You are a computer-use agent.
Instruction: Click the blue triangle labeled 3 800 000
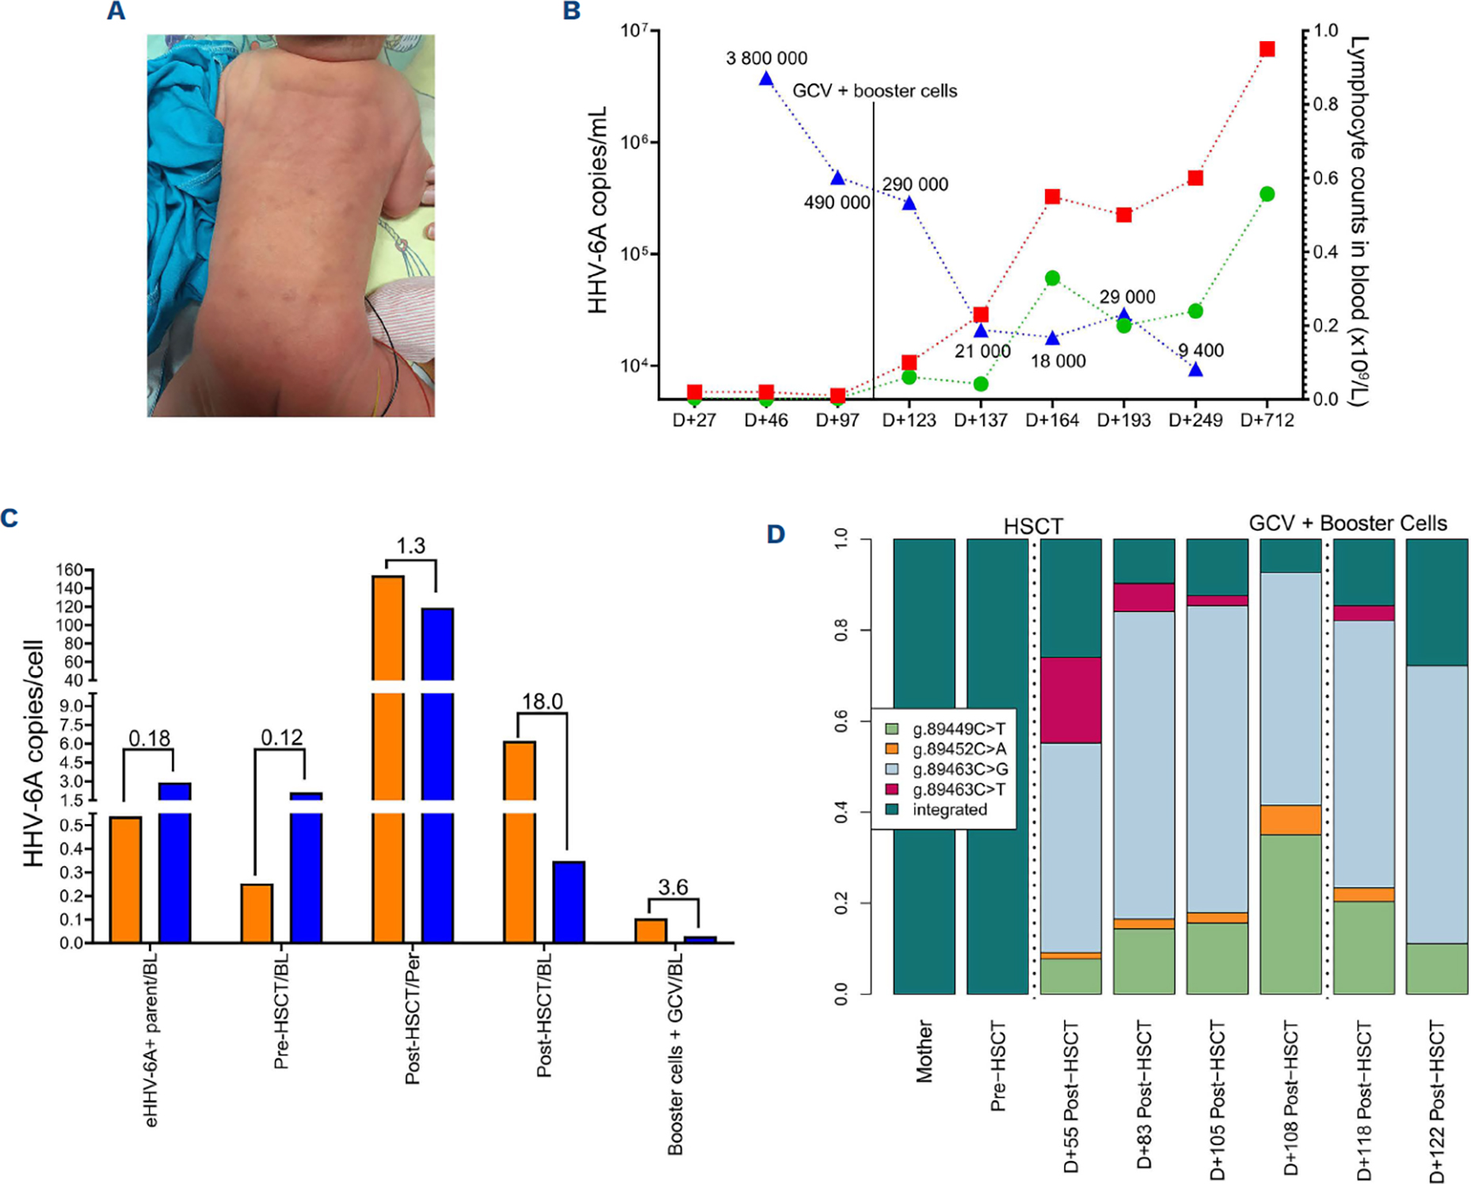point(766,78)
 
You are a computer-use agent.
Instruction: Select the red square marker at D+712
point(1267,49)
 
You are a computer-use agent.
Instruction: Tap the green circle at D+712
point(1267,194)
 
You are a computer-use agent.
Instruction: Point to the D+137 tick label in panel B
point(981,420)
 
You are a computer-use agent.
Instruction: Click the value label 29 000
point(1127,297)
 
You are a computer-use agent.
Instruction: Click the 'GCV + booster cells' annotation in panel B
point(875,91)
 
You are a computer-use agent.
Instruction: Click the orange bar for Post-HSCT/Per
point(388,758)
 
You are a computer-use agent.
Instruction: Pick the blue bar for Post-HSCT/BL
point(568,902)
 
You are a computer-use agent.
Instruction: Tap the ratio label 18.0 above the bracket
point(542,701)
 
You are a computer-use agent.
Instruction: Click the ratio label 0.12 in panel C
point(281,738)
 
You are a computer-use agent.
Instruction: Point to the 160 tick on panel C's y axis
point(70,571)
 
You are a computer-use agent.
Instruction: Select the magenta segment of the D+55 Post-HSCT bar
point(1071,700)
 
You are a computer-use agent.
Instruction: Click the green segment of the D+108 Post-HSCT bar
point(1290,914)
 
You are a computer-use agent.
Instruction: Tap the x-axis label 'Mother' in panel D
point(924,1051)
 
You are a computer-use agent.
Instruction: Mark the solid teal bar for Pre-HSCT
point(997,766)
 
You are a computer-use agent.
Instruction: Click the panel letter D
point(776,534)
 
